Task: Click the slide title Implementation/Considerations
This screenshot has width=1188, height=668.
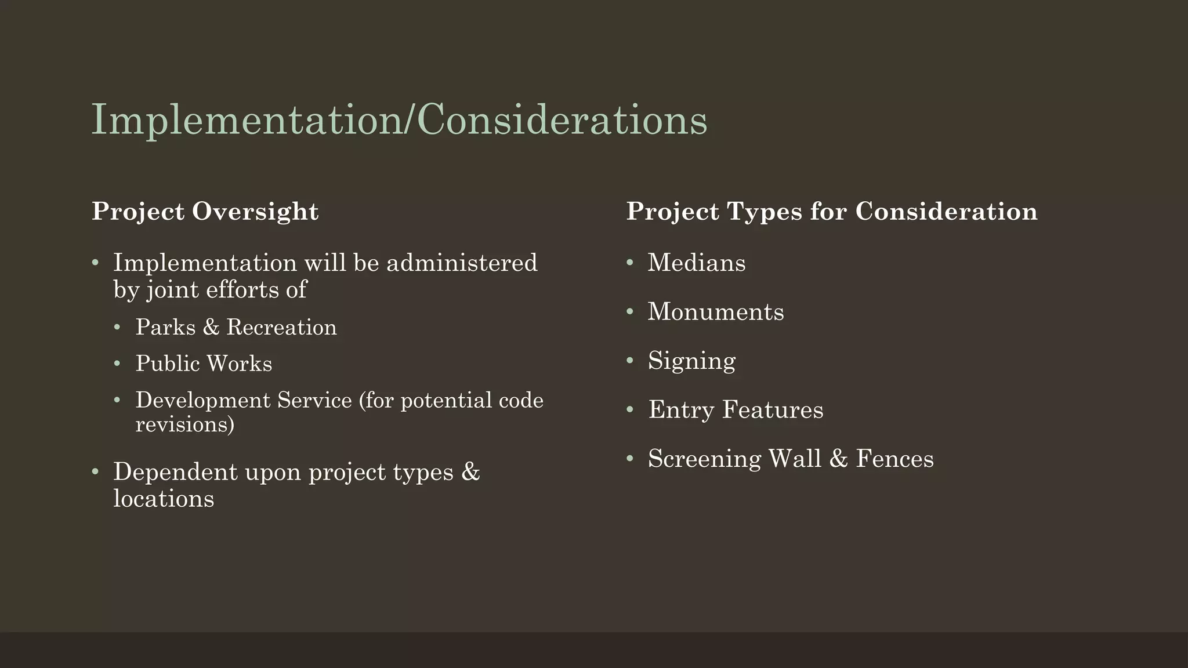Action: [399, 120]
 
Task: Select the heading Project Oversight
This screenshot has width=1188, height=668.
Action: [205, 212]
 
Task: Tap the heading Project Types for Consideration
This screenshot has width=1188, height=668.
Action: [832, 212]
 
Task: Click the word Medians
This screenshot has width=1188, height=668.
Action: [696, 263]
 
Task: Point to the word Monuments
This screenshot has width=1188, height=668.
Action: [715, 312]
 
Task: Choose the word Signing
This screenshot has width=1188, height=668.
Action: [691, 361]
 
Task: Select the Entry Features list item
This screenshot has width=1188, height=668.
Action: [736, 410]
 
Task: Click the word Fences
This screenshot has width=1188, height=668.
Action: [894, 459]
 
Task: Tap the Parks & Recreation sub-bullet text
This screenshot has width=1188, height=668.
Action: [236, 328]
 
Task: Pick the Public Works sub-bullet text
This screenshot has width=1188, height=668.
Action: [204, 364]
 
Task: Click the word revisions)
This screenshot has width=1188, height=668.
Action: [185, 424]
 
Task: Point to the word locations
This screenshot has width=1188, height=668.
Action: [164, 499]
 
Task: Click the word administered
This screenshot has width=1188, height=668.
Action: [462, 263]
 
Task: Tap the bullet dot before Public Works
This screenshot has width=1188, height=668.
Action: [117, 364]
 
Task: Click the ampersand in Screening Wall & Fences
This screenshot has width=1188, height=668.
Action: [838, 459]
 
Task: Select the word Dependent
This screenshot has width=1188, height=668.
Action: [175, 472]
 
